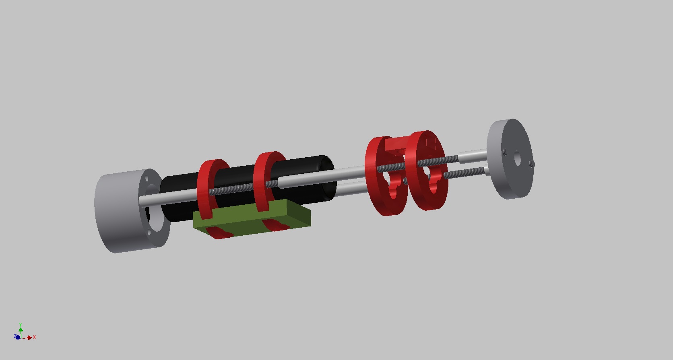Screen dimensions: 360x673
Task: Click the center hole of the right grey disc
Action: [x=518, y=160]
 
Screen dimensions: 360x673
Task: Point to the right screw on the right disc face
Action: [x=532, y=164]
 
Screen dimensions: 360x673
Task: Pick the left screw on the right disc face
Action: [x=505, y=152]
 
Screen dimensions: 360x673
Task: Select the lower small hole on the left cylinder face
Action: [x=150, y=232]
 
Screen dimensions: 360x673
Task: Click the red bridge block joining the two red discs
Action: [x=396, y=144]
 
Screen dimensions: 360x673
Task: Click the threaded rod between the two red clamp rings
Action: [x=235, y=188]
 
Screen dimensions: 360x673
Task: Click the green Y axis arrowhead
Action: [x=21, y=329]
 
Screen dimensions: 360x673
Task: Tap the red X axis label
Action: [x=35, y=337]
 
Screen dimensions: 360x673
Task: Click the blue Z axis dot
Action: [x=18, y=337]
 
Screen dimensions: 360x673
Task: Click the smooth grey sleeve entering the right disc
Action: [x=473, y=154]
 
